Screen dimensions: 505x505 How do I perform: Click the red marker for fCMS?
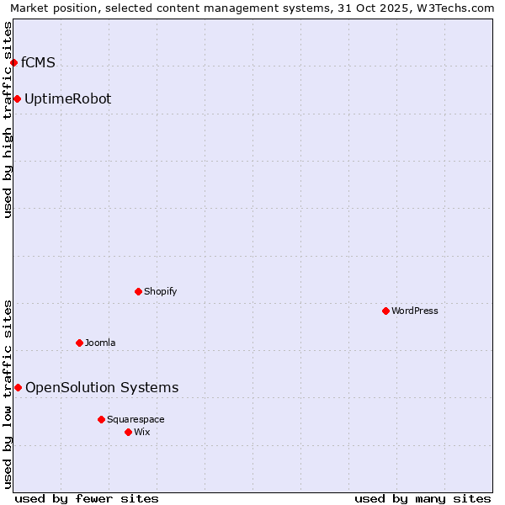pos(13,62)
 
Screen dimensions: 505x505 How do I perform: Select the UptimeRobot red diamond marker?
pos(17,99)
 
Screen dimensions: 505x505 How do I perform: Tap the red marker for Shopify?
pos(138,292)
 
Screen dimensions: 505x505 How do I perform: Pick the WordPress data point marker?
pos(385,311)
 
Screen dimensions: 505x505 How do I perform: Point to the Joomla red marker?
pos(79,343)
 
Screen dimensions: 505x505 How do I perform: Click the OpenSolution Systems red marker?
pos(18,387)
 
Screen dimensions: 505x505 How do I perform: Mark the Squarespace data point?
pos(101,419)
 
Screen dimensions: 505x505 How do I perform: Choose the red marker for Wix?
pos(128,432)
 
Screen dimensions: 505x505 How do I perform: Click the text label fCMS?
pos(38,62)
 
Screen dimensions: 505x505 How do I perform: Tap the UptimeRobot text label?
pos(67,99)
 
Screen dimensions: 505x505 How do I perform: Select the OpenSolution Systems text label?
pos(102,387)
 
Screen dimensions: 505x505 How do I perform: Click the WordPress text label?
pos(415,311)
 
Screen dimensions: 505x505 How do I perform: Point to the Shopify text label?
pos(160,292)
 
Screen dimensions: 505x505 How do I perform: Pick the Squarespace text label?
pos(136,419)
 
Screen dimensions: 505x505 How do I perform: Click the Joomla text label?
pos(100,343)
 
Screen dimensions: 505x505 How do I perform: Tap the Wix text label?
pos(141,432)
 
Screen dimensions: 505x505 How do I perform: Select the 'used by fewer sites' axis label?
pos(87,498)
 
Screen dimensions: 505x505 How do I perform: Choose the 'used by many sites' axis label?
pos(423,498)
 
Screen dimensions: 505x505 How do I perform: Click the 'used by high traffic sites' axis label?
pos(8,120)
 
